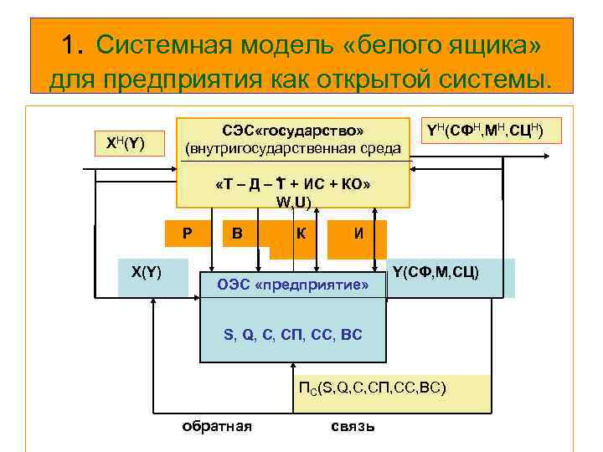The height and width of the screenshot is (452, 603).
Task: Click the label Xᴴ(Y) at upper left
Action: pos(126,144)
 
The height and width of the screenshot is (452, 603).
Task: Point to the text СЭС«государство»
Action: pos(293,130)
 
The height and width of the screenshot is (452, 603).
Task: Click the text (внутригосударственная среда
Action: pos(293,149)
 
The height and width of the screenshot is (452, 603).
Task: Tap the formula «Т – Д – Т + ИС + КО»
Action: pos(293,184)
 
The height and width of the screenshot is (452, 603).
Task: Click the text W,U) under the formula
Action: pos(293,202)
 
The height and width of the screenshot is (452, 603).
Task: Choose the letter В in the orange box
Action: pos(238,234)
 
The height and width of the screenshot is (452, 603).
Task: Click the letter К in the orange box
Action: pos(299,234)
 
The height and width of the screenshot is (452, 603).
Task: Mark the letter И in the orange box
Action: pos(358,234)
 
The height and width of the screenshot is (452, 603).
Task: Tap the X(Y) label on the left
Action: pos(147,271)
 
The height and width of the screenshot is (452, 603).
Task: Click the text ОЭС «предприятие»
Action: pos(293,285)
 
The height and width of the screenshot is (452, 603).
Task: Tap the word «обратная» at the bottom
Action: pos(217,425)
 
